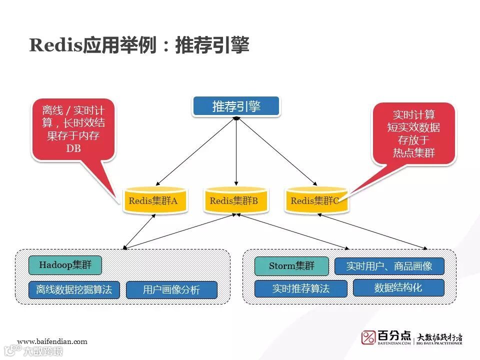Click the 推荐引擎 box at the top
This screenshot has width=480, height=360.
coord(236,106)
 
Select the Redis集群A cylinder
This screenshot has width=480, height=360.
coord(154,201)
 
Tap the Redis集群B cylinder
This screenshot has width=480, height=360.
coord(234,201)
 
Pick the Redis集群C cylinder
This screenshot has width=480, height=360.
coord(315,201)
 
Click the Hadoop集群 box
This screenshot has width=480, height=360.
coord(65,265)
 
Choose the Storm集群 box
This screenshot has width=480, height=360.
coord(291,266)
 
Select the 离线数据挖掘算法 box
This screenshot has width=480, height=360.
coord(74,290)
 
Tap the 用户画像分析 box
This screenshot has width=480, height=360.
coord(171,290)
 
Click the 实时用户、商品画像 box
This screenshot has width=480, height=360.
coord(389,266)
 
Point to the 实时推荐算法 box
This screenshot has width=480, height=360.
coord(300,289)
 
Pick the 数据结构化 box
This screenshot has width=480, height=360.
coord(398,287)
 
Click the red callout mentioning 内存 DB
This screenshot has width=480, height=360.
coord(73,130)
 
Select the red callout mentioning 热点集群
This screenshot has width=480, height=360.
coord(413,133)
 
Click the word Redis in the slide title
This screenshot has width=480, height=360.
coord(55,46)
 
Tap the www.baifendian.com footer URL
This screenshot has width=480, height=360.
coord(52,341)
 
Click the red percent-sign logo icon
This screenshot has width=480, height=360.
coord(368,337)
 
